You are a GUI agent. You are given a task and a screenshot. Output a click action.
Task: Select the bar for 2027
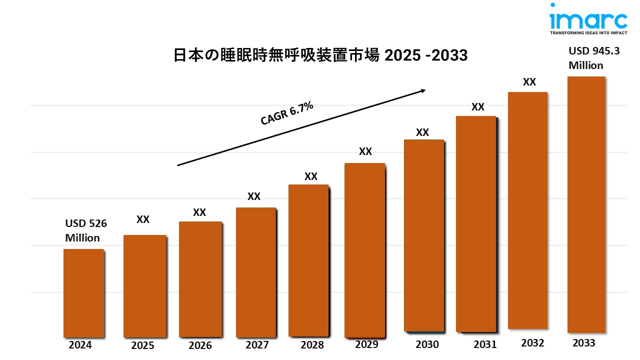pyautogui.click(x=255, y=272)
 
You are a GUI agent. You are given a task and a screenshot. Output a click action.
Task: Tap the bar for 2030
pyautogui.click(x=423, y=235)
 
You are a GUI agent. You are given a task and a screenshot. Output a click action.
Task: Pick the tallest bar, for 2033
pyautogui.click(x=586, y=204)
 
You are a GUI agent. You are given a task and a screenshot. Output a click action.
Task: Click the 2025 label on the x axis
pyautogui.click(x=142, y=345)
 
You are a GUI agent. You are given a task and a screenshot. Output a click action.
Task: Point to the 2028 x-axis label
pyautogui.click(x=312, y=345)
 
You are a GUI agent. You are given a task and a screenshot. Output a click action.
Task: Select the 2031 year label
pyautogui.click(x=484, y=344)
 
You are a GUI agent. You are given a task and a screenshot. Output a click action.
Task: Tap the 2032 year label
pyautogui.click(x=533, y=343)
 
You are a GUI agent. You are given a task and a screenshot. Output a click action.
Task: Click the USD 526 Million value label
pyautogui.click(x=86, y=230)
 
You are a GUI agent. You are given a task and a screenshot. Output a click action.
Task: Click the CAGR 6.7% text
pyautogui.click(x=287, y=113)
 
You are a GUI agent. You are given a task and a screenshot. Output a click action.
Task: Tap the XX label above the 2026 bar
pyautogui.click(x=199, y=212)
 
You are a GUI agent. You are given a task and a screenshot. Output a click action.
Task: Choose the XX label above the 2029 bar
pyautogui.click(x=365, y=151)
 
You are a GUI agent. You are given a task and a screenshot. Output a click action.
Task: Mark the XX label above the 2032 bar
pyautogui.click(x=529, y=82)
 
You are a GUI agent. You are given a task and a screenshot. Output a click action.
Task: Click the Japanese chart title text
pyautogui.click(x=320, y=55)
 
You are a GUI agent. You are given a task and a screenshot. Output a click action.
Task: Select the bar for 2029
pyautogui.click(x=365, y=249)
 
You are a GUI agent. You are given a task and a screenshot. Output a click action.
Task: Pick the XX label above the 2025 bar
pyautogui.click(x=143, y=219)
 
